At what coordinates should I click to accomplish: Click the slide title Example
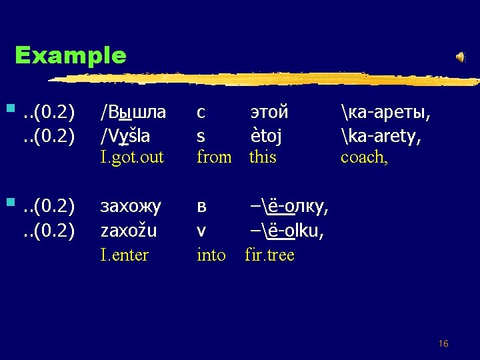[x=70, y=55]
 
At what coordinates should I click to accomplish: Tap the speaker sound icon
[x=461, y=57]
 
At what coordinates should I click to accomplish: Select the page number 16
[x=443, y=343]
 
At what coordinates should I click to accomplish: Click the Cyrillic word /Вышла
[x=133, y=111]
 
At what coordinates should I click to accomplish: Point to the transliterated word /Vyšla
[x=125, y=136]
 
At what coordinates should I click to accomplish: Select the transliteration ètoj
[x=266, y=136]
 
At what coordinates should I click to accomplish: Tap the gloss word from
[x=214, y=157]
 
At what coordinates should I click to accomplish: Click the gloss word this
[x=263, y=157]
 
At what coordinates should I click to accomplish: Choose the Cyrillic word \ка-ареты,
[x=385, y=111]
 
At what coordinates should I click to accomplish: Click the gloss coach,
[x=363, y=157]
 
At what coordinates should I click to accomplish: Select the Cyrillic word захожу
[x=130, y=207]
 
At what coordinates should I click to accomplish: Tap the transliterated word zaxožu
[x=128, y=231]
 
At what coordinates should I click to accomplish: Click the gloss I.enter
[x=124, y=254]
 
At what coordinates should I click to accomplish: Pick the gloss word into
[x=211, y=254]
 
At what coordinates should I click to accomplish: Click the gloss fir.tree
[x=269, y=254]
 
